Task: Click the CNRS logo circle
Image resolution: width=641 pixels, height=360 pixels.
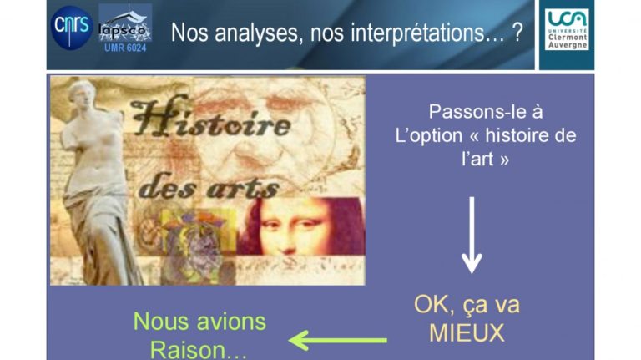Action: point(72,28)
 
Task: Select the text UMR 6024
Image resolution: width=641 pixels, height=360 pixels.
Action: point(125,48)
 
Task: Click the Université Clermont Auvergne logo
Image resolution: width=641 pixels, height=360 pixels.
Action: point(567,29)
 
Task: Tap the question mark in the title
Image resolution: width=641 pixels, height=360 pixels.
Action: point(517,32)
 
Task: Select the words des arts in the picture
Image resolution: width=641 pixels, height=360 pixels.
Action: point(209,187)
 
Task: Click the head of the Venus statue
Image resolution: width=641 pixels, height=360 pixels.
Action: point(82,94)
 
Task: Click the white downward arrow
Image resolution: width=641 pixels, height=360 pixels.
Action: point(472,235)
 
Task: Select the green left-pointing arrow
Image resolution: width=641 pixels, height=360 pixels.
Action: point(338,340)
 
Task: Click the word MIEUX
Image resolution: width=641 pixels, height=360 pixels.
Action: point(467,333)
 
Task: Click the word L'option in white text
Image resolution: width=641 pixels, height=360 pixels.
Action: point(429,135)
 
